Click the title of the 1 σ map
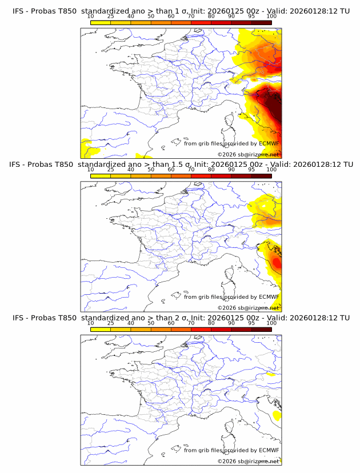pyautogui.click(x=181, y=11)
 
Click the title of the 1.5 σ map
pyautogui.click(x=181, y=165)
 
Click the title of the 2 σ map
pyautogui.click(x=181, y=318)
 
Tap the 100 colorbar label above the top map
pyautogui.click(x=271, y=17)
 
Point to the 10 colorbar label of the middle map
pyautogui.click(x=90, y=170)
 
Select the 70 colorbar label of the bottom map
pyautogui.click(x=191, y=323)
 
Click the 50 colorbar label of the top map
pyautogui.click(x=151, y=17)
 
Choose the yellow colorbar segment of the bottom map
pyautogui.click(x=101, y=329)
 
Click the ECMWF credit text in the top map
pyautogui.click(x=231, y=143)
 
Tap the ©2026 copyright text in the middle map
pyautogui.click(x=248, y=307)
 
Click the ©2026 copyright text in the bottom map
pyautogui.click(x=248, y=460)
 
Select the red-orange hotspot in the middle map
pyautogui.click(x=277, y=263)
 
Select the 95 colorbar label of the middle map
pyautogui.click(x=251, y=170)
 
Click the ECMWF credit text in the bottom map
pyautogui.click(x=231, y=450)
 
